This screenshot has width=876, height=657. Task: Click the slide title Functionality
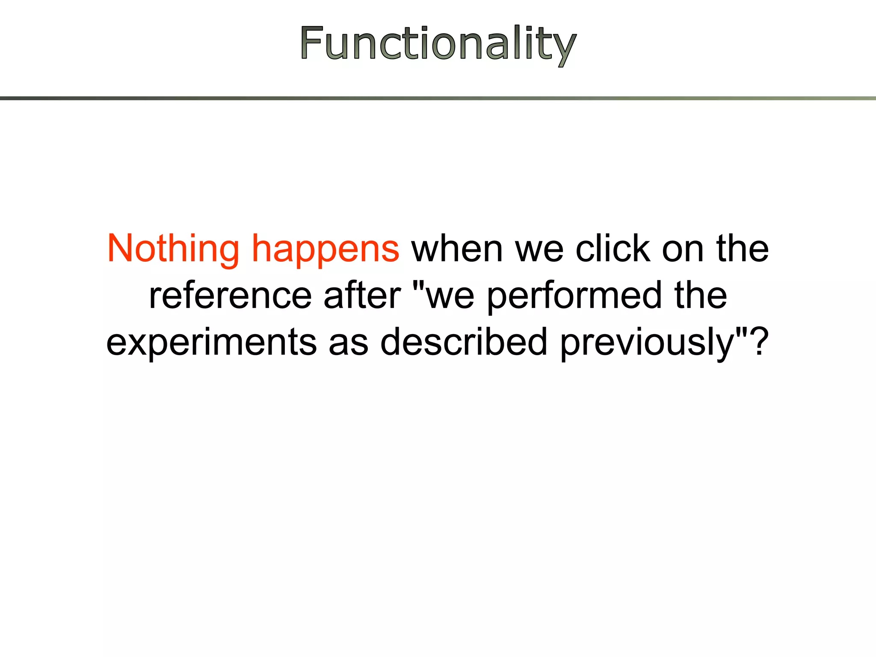438,44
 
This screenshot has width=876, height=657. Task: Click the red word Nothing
173,249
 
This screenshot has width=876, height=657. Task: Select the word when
457,249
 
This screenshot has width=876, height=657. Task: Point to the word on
683,251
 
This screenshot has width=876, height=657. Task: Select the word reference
230,296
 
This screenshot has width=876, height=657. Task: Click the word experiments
211,343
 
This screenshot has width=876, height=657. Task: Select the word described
464,342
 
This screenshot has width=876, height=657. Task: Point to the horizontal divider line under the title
438,98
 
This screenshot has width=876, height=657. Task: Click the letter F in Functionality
311,43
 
